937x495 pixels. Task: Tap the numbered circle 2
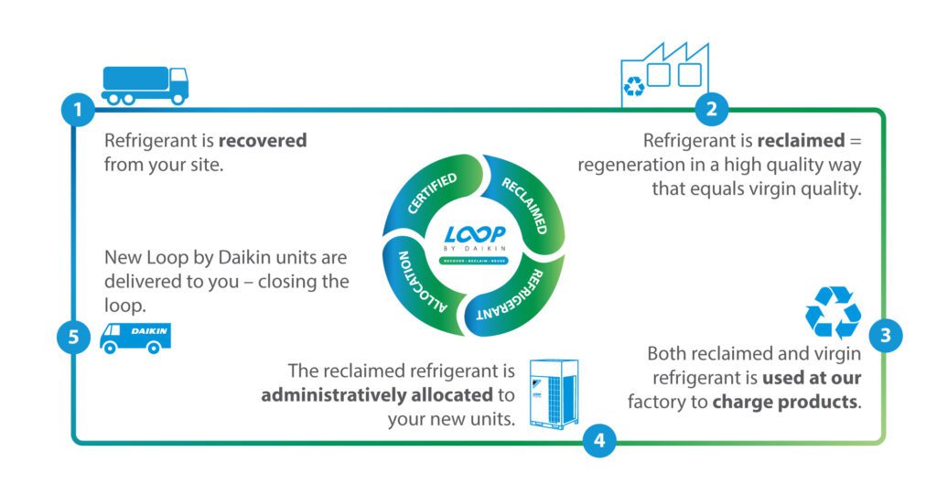(711, 111)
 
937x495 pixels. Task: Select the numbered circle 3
(885, 335)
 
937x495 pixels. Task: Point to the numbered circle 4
(598, 440)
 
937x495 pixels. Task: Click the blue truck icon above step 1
(145, 84)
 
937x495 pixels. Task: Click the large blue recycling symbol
(833, 313)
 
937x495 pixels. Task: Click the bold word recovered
(262, 142)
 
